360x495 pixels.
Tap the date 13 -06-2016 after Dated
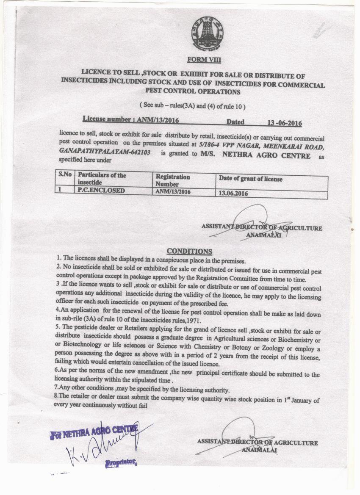284,123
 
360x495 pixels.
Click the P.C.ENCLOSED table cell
101,191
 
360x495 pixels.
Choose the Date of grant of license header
250,179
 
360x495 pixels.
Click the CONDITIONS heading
189,252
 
